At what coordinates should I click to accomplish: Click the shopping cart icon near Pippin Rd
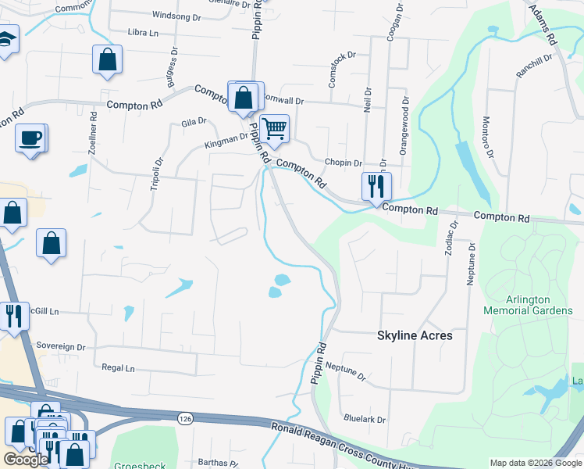pyautogui.click(x=274, y=128)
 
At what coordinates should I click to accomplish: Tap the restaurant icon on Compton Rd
pyautogui.click(x=376, y=186)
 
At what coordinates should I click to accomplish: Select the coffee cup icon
pyautogui.click(x=30, y=138)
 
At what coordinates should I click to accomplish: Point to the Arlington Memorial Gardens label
pyautogui.click(x=528, y=305)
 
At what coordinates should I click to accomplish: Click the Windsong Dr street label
pyautogui.click(x=177, y=15)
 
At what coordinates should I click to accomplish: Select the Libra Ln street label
pyautogui.click(x=143, y=33)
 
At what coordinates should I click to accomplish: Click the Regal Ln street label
pyautogui.click(x=119, y=367)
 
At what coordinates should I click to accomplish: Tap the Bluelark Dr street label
pyautogui.click(x=365, y=419)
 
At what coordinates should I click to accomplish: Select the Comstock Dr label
pyautogui.click(x=343, y=55)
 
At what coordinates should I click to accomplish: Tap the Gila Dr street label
pyautogui.click(x=193, y=122)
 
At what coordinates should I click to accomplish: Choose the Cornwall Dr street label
pyautogui.click(x=282, y=101)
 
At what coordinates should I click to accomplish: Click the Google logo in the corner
pyautogui.click(x=26, y=460)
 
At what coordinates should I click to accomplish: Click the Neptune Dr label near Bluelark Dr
pyautogui.click(x=346, y=371)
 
